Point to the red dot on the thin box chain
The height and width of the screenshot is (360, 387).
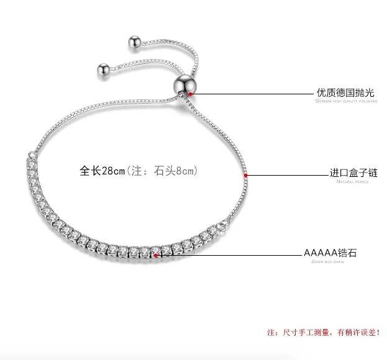pos(246,175)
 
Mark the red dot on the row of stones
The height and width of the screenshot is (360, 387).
pos(155,254)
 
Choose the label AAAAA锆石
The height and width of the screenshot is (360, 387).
pos(330,253)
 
